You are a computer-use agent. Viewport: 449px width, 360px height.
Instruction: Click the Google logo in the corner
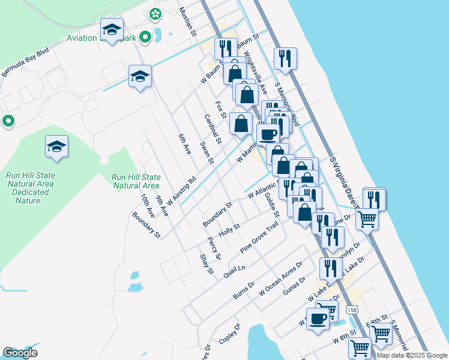coord(20,352)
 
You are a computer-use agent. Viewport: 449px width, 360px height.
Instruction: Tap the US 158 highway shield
coord(352,310)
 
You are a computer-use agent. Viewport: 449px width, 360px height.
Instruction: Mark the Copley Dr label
coord(230,334)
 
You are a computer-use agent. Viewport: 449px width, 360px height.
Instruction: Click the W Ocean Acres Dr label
coord(281,278)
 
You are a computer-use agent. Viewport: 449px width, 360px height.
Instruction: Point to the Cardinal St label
coord(212,128)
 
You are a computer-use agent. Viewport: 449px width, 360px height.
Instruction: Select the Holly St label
coord(229,230)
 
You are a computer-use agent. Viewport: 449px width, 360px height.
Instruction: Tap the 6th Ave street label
coord(184,145)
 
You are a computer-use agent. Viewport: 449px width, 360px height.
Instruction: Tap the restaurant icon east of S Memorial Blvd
coord(285,58)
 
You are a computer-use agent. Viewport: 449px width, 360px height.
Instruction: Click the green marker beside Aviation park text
coord(145,37)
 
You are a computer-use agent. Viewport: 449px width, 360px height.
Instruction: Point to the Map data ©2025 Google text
coord(412,355)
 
